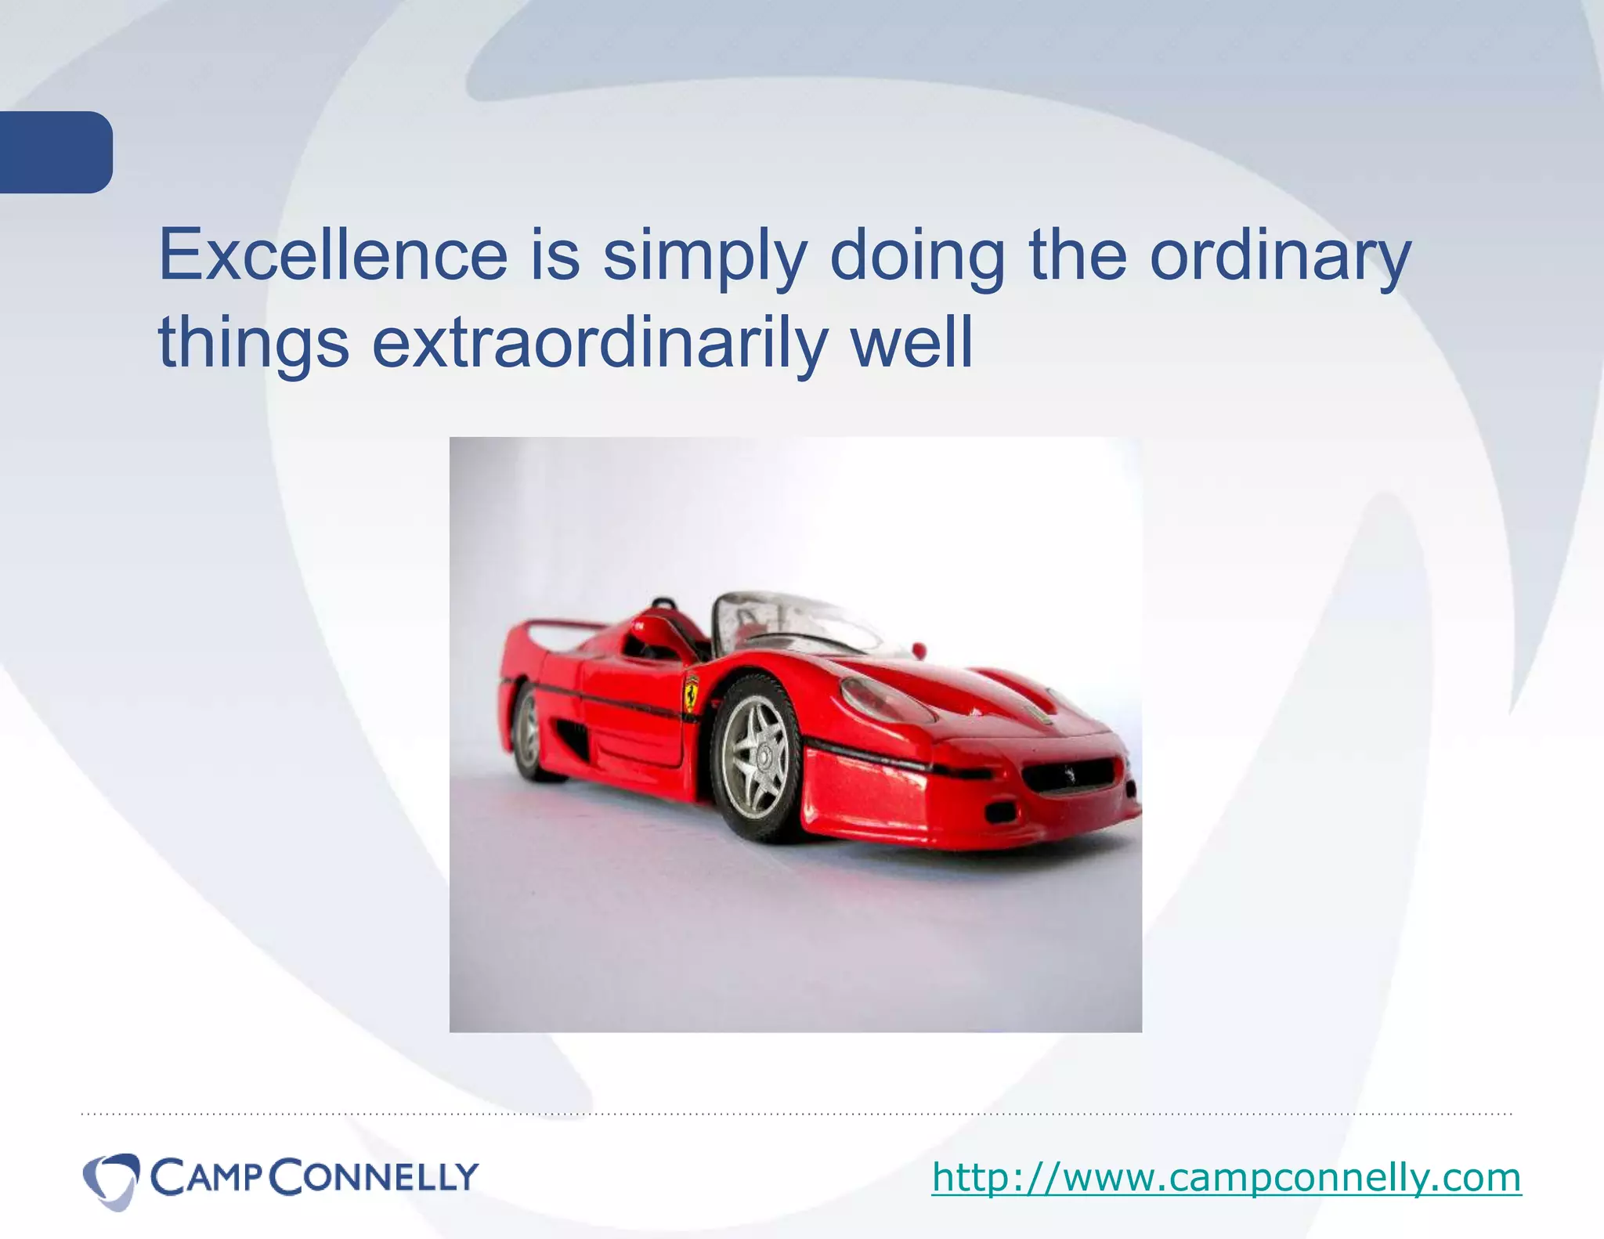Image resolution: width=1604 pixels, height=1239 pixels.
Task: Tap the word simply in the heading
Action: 704,256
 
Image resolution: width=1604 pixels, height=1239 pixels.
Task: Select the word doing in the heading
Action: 916,256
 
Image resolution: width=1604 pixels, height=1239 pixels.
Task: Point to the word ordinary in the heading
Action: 1280,256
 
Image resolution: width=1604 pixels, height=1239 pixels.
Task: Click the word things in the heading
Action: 253,343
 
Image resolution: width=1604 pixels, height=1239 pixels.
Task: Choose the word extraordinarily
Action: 599,343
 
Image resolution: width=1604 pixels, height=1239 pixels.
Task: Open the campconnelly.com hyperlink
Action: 1226,1177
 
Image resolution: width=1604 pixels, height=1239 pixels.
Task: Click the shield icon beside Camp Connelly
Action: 110,1179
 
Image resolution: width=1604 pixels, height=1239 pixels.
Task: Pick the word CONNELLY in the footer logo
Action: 378,1177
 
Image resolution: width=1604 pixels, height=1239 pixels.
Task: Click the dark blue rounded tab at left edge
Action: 55,152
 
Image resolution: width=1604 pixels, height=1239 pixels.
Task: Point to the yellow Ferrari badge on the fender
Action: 691,692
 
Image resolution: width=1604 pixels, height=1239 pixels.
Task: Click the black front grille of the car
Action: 1068,775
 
